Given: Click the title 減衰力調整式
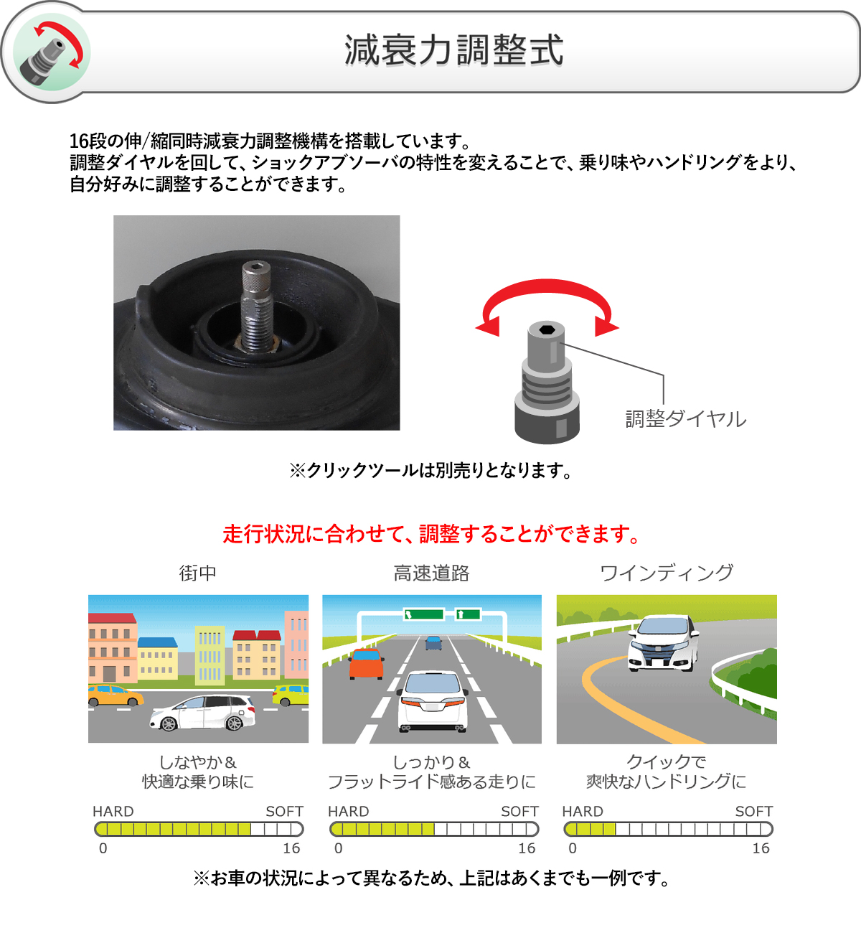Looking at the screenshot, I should pos(453,50).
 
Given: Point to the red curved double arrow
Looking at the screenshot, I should pos(547,301).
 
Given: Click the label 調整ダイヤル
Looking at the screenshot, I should pos(685,418).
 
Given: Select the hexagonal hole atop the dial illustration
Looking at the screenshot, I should pos(546,329).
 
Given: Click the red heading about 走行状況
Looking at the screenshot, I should pos(430,534).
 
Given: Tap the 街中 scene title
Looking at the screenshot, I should pos(197,573).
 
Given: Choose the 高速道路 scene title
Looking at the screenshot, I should pos(431,573).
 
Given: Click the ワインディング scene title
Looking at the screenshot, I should pos(667,573).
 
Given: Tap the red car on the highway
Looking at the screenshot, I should pos(366,663).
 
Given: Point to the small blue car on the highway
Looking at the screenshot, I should pos(433,642).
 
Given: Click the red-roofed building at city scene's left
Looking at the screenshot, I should pos(112,646).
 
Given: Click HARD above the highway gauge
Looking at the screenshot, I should pos(348,811).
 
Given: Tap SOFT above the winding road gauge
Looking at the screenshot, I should pos(753,811).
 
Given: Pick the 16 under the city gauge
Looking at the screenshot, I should pos(291,848).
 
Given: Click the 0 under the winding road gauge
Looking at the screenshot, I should pos(573,848).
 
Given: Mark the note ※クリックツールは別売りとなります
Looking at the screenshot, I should pos(430,471).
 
